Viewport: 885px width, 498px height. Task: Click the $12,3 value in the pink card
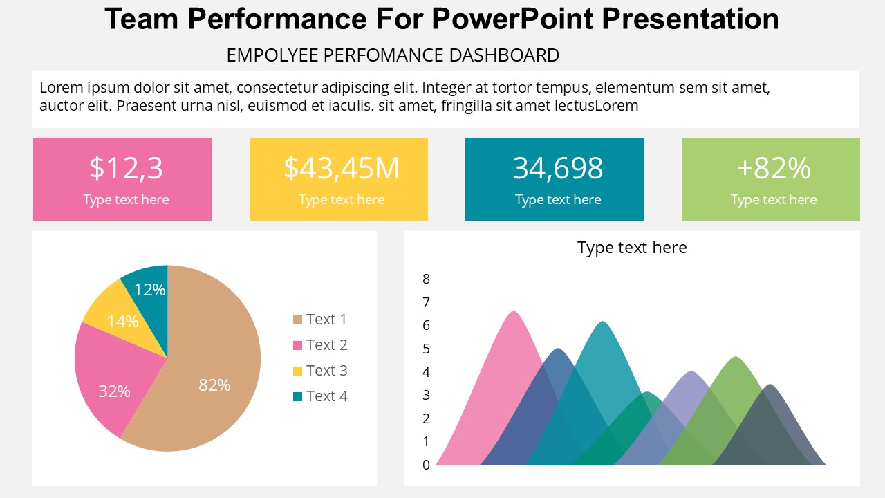tap(126, 168)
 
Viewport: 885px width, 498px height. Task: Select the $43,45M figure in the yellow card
tap(342, 168)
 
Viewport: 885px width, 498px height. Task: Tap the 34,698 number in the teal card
tap(557, 168)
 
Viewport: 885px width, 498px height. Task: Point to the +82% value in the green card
tap(773, 168)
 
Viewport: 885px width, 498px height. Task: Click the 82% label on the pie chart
tap(214, 385)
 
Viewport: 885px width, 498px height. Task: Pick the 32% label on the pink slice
tap(114, 391)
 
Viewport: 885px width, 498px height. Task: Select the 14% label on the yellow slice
tap(122, 322)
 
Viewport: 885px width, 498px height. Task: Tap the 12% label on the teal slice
tap(149, 290)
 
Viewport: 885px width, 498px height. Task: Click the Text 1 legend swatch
tap(298, 320)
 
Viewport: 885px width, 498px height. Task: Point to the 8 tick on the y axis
tap(426, 279)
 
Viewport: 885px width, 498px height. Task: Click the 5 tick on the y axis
tap(426, 349)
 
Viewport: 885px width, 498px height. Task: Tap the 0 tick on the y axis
tap(426, 465)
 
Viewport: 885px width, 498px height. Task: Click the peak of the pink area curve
tap(513, 312)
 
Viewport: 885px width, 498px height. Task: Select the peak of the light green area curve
tap(736, 358)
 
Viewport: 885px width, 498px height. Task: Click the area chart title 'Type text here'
tap(632, 248)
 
